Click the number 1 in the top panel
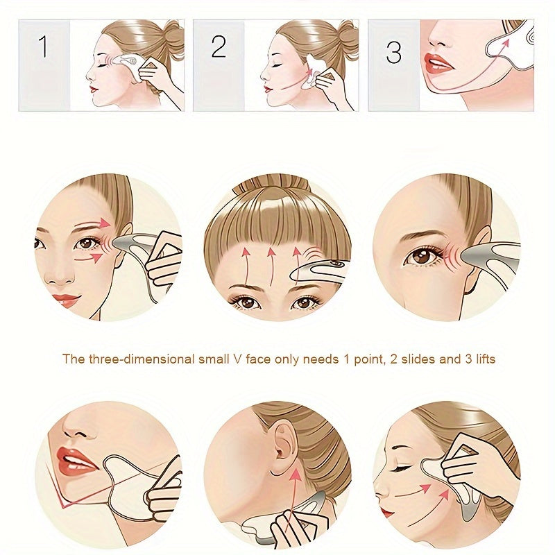[43, 48]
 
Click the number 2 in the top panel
[219, 48]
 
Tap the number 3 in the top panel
[393, 52]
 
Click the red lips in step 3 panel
[439, 64]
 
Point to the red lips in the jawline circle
[76, 459]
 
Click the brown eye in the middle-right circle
[421, 256]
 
